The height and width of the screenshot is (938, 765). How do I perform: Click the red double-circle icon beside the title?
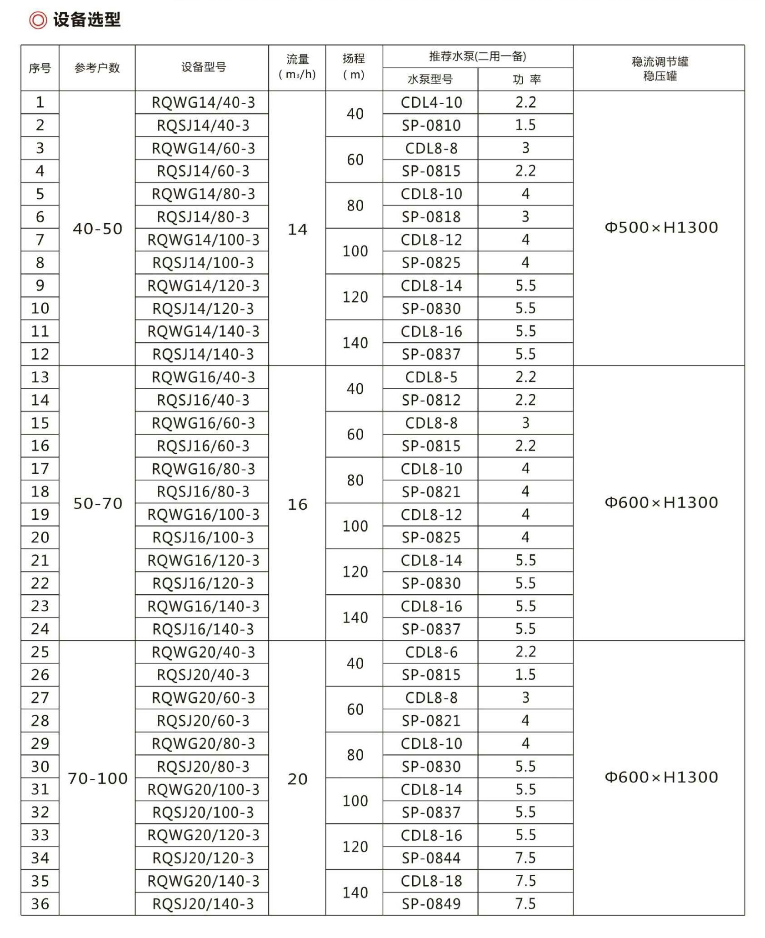[x=38, y=20]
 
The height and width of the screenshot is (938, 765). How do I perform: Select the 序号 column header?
[x=40, y=68]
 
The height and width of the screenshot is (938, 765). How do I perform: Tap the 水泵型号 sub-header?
[x=430, y=80]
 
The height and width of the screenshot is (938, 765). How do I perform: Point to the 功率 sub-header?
[x=526, y=80]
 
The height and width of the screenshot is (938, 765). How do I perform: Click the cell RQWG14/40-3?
[x=203, y=103]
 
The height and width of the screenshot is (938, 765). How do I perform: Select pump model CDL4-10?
[x=431, y=103]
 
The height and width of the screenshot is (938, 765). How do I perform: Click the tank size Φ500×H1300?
[x=661, y=227]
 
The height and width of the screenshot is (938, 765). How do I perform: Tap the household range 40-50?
[x=98, y=229]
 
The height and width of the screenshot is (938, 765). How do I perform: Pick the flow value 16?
[x=298, y=504]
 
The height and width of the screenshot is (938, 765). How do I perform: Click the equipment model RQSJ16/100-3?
[x=203, y=537]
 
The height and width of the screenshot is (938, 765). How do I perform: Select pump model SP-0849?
[x=431, y=904]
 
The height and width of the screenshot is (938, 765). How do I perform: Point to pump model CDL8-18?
[x=431, y=881]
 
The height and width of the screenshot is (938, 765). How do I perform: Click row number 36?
[x=40, y=904]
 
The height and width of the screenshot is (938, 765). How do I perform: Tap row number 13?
[x=40, y=377]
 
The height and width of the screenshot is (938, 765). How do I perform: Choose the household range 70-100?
[x=98, y=778]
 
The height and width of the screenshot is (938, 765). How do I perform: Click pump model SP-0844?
[x=431, y=858]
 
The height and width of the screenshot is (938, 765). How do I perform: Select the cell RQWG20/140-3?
[x=203, y=881]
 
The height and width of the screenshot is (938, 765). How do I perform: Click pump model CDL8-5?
[x=431, y=377]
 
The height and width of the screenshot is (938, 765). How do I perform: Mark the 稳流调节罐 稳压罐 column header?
[x=660, y=69]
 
